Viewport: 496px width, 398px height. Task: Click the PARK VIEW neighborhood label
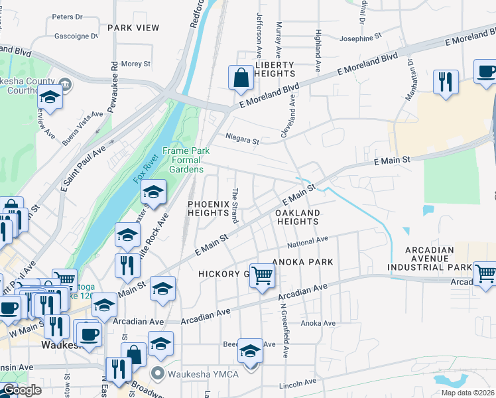[133, 28]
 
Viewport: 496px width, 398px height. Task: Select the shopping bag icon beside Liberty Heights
[241, 78]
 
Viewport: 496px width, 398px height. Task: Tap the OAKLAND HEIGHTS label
[298, 217]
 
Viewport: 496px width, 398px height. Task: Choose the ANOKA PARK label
[306, 262]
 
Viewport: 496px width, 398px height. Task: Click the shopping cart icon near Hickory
[262, 275]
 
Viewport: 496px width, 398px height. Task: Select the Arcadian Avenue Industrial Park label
[430, 259]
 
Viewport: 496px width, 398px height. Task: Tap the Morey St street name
[137, 64]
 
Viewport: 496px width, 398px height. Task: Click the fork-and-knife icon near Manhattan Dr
[444, 82]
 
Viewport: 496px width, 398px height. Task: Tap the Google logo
[22, 390]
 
